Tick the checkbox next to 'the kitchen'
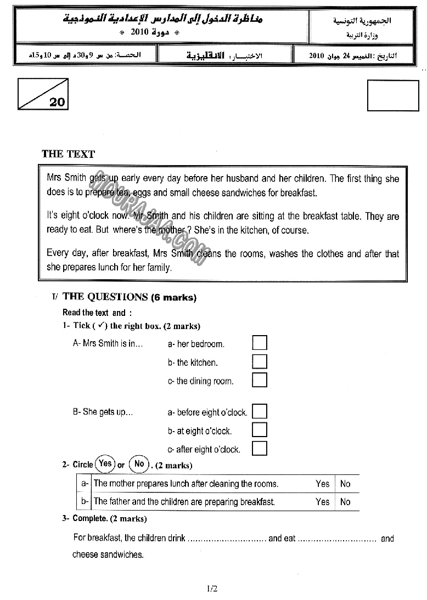[x=260, y=362]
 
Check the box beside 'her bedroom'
[x=260, y=343]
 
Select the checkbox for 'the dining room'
[x=260, y=380]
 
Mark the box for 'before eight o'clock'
[x=260, y=411]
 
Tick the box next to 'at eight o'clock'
[x=260, y=430]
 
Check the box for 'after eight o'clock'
[x=260, y=448]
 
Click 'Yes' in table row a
[x=322, y=484]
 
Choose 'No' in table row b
[x=345, y=501]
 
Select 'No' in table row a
[x=345, y=484]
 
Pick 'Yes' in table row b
[x=322, y=501]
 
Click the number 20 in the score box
[x=57, y=102]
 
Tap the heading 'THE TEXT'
[x=68, y=154]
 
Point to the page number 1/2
[x=213, y=589]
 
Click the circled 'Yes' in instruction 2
[x=105, y=464]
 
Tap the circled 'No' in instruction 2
[x=139, y=464]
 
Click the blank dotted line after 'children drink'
[x=227, y=540]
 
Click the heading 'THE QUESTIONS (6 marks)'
[x=130, y=297]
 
